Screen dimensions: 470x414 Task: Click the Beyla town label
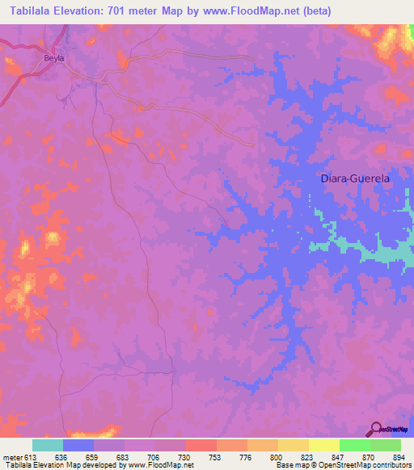coord(53,59)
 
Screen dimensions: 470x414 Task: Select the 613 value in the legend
coord(33,456)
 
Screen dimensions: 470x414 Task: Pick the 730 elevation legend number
coord(186,456)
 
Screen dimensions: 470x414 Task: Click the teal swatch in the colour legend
coord(48,445)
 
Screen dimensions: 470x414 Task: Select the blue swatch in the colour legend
coord(78,445)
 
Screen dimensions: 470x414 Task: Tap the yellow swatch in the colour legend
coord(323,445)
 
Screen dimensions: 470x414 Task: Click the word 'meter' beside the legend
coord(12,456)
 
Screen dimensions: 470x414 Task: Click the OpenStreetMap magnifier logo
coord(376,429)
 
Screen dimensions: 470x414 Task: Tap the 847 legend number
coord(339,456)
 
